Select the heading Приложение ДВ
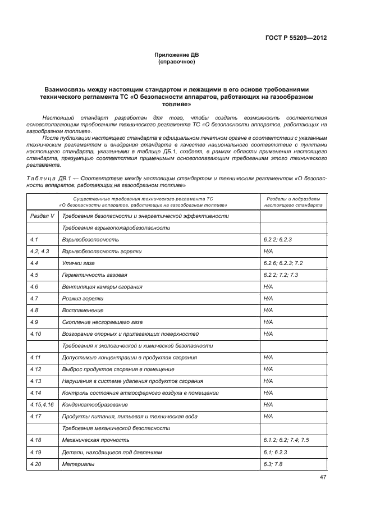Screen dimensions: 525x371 point(177,55)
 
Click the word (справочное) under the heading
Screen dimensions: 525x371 point(177,62)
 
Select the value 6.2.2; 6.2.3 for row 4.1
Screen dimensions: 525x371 point(278,239)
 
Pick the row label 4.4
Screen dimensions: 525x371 point(34,263)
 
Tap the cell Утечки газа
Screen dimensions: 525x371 point(79,263)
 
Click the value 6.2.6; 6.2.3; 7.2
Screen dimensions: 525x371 point(283,263)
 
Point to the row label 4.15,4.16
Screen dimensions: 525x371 point(42,404)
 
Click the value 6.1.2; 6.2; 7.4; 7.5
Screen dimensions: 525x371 point(286,440)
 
